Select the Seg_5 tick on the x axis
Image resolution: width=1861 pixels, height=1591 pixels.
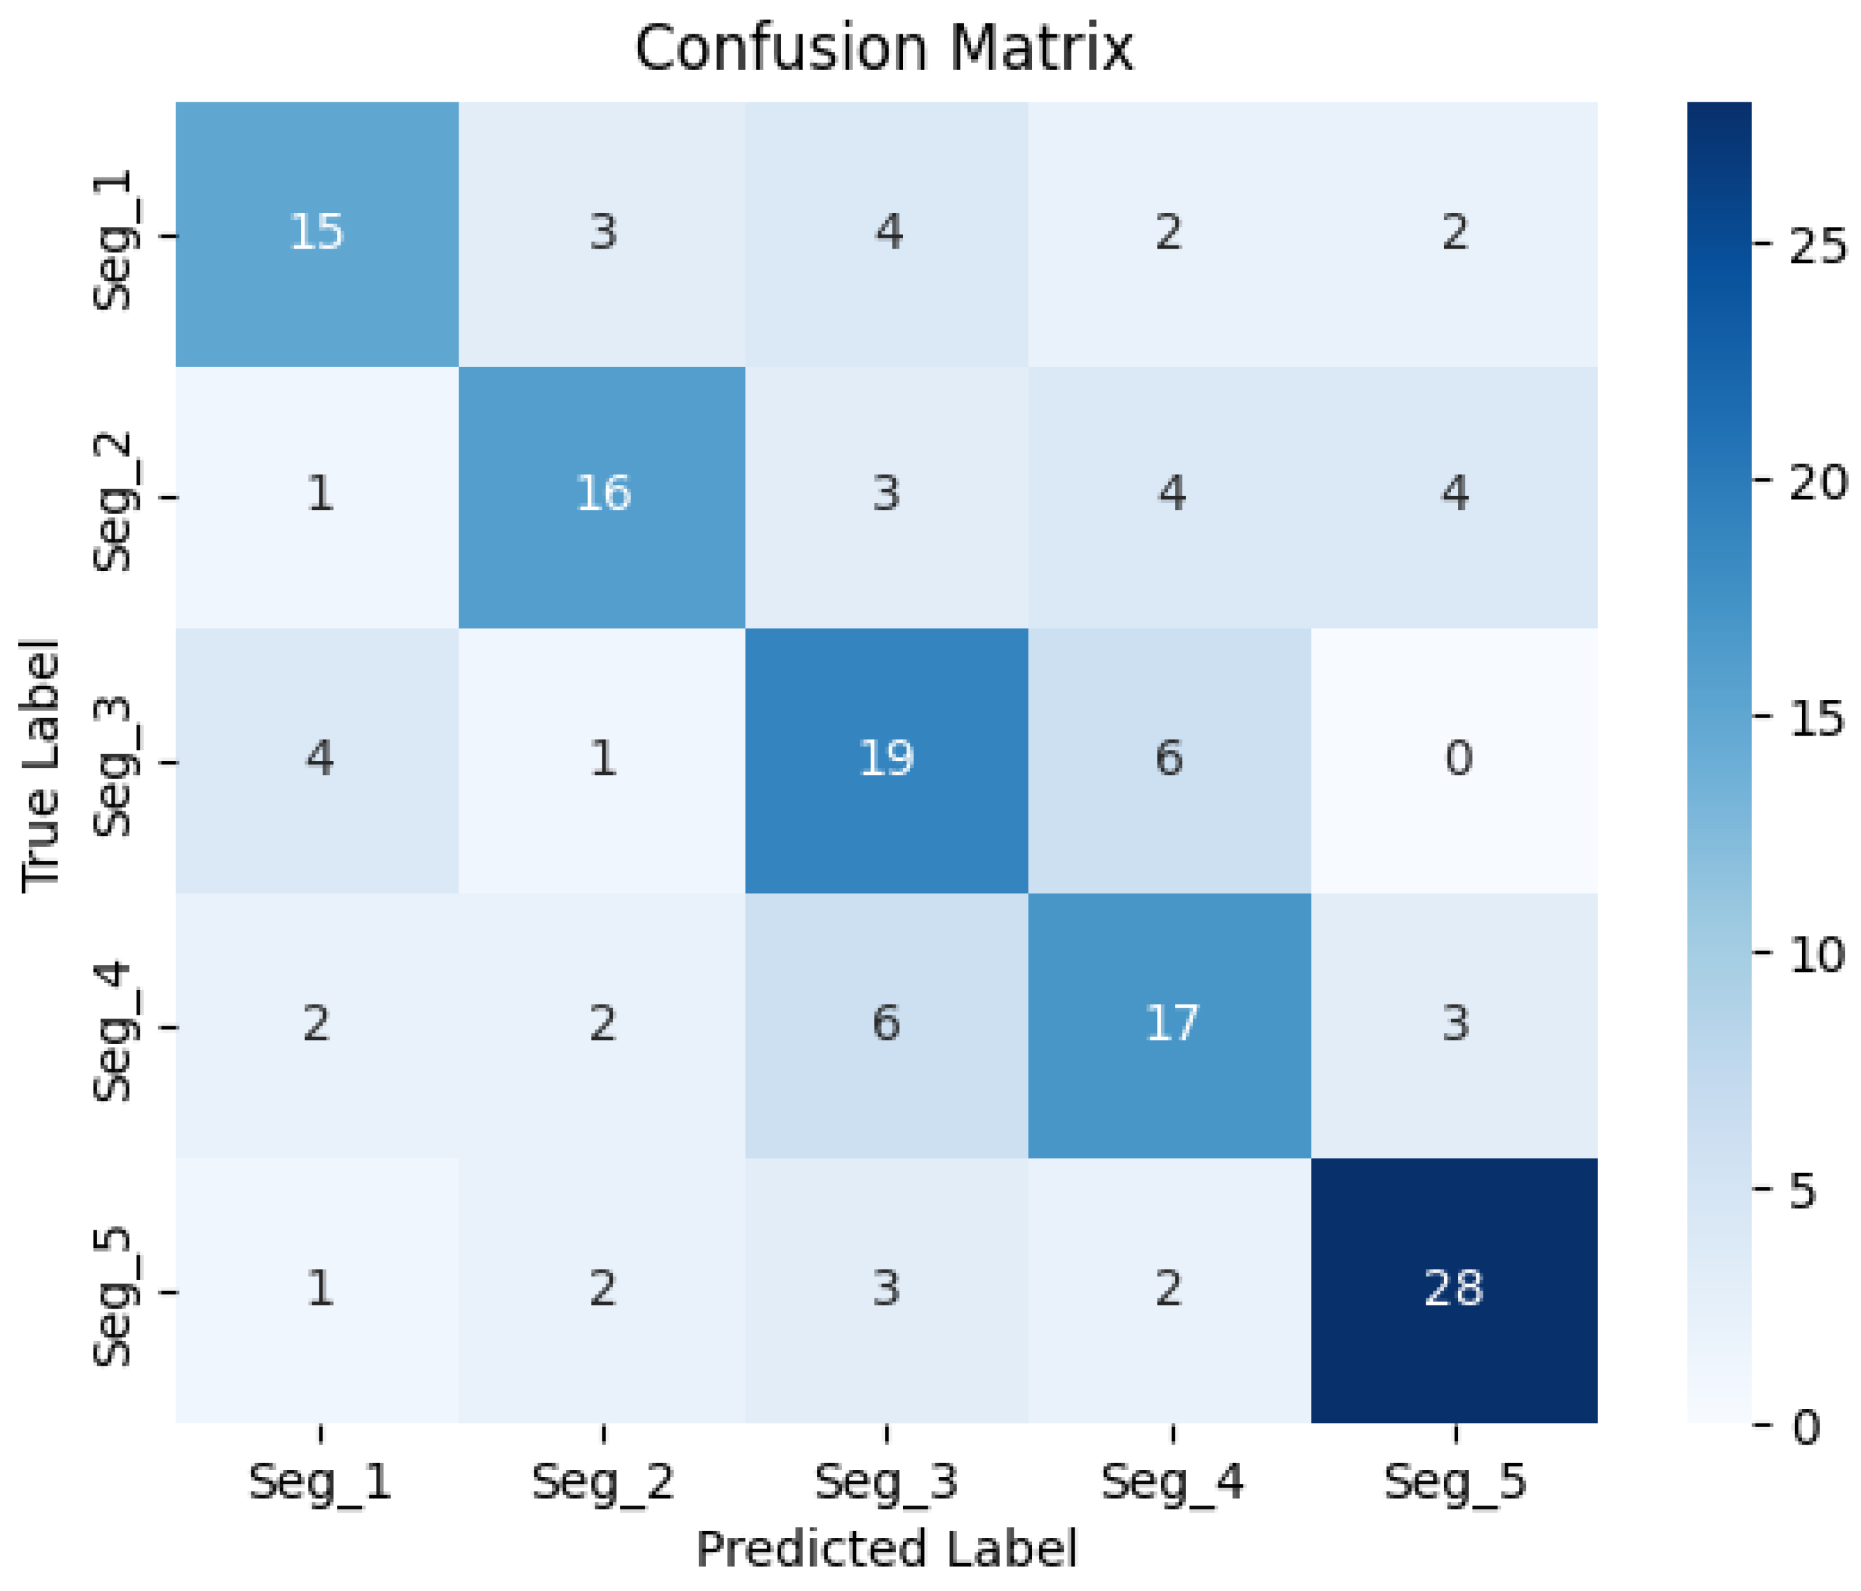[1454, 1482]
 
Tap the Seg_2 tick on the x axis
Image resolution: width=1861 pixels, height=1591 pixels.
[602, 1482]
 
